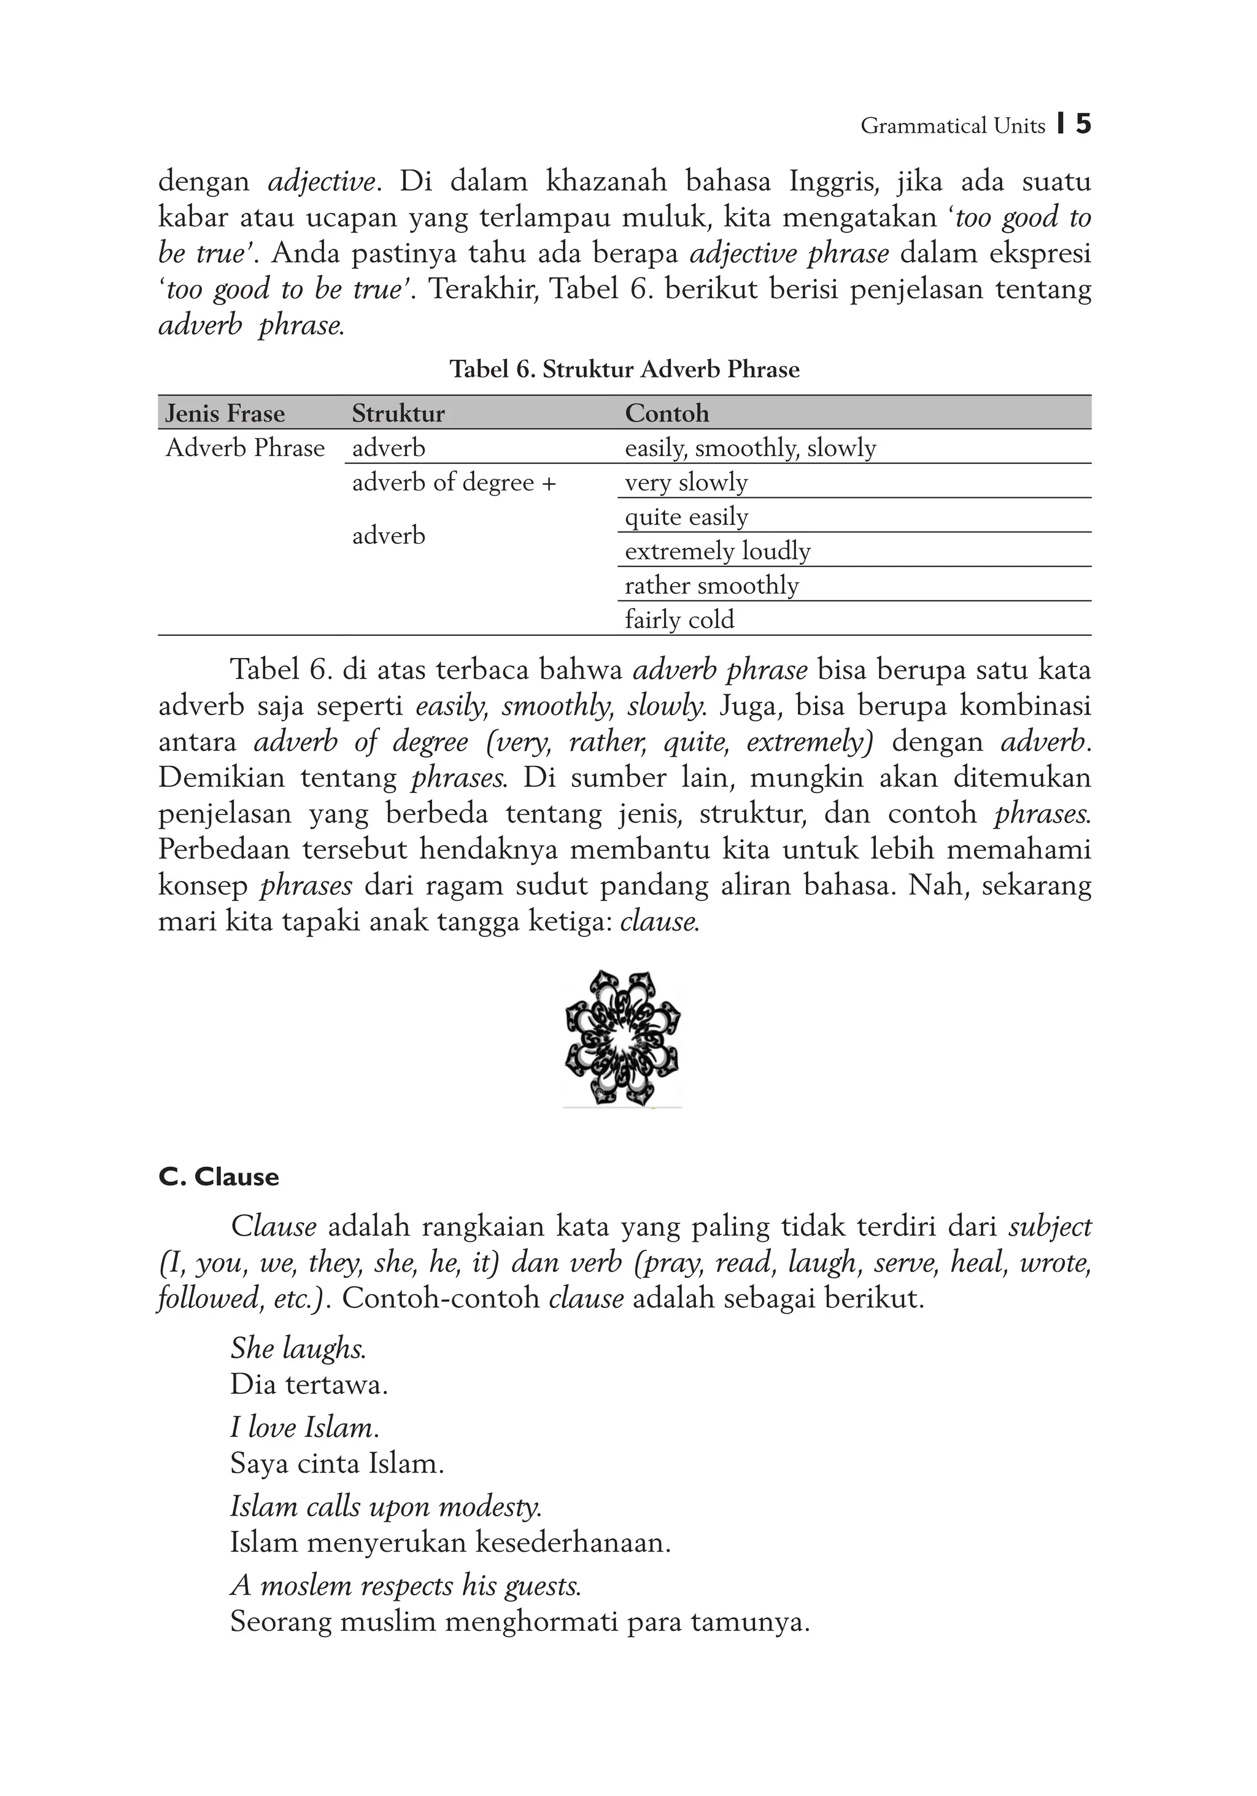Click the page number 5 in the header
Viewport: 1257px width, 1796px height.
coord(1083,125)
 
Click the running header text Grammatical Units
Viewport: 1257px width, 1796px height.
coord(952,126)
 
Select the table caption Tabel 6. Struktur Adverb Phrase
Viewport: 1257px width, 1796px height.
coord(624,370)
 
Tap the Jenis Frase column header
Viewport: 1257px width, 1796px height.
coord(225,413)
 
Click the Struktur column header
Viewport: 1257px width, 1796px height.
coord(398,413)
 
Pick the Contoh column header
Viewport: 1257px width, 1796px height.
coord(667,413)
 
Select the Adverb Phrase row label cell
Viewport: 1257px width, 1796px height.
coord(245,448)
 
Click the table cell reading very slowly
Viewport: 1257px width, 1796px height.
coord(686,482)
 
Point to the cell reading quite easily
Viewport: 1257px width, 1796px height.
coord(686,517)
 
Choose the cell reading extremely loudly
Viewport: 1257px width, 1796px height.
coord(717,551)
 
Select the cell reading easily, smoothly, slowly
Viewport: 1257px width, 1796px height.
coord(750,448)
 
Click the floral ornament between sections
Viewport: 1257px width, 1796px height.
coord(622,1038)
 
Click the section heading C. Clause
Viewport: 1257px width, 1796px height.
coord(219,1177)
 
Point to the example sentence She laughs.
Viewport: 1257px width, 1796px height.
coord(298,1348)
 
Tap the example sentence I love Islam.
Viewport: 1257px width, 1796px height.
coord(304,1428)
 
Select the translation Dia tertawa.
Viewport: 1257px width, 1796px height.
coord(309,1385)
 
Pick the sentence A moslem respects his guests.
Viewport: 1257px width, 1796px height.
coord(406,1585)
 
